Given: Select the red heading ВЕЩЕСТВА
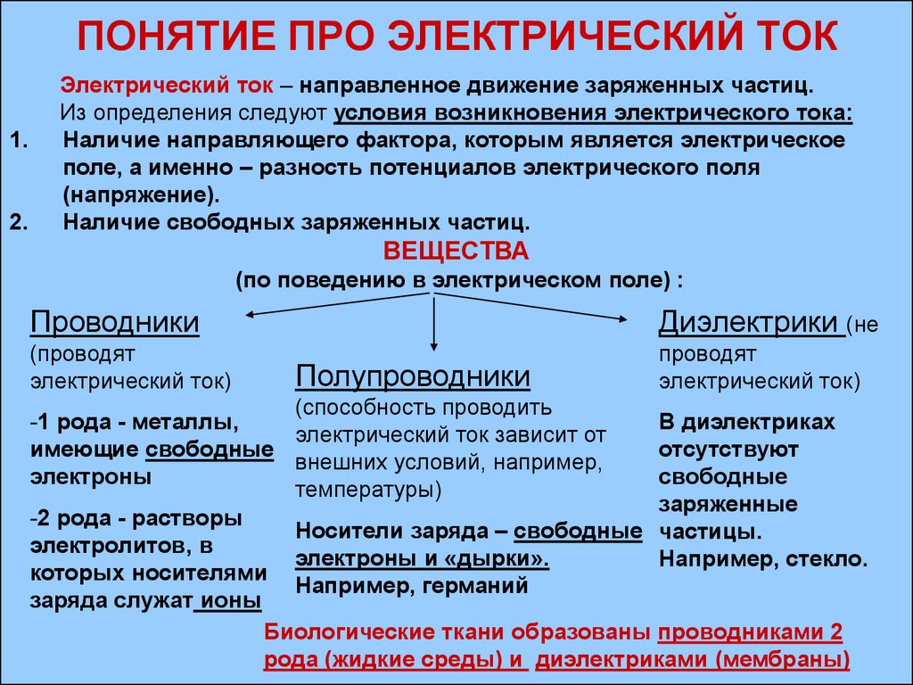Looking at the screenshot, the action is tap(456, 251).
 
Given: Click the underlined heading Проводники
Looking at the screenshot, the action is tap(115, 323).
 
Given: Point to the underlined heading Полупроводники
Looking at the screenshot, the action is tap(413, 377).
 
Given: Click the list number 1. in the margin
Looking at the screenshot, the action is tap(20, 140).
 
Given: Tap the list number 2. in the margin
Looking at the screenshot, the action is tap(20, 222).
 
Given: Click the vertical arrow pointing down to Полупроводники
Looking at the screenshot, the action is tap(433, 323).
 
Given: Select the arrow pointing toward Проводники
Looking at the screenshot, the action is tap(339, 304).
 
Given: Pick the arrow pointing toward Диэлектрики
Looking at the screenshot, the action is tap(531, 307).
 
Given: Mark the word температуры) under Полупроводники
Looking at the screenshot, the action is tap(368, 490).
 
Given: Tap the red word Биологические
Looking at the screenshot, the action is tap(350, 632).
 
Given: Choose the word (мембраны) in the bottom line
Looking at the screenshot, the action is tap(781, 660).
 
